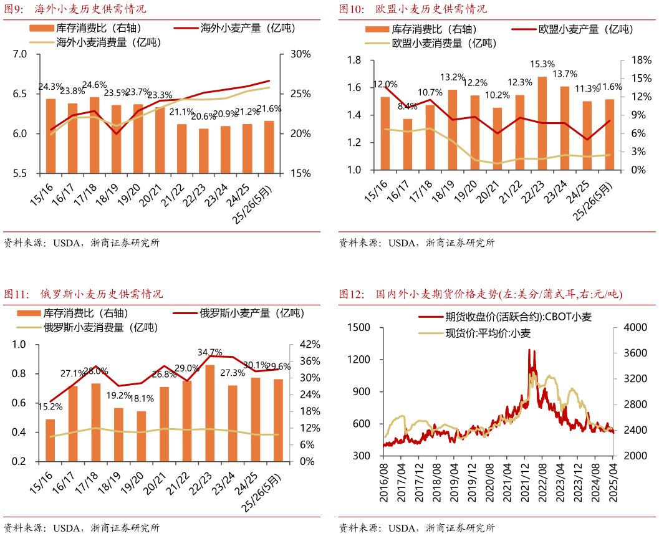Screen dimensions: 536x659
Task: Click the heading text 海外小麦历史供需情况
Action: (x=90, y=9)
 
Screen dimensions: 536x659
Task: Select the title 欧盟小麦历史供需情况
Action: (x=431, y=9)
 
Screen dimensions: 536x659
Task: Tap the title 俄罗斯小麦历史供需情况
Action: (x=101, y=294)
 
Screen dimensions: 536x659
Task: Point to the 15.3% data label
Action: (x=542, y=64)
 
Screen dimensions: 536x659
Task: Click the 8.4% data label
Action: (x=407, y=106)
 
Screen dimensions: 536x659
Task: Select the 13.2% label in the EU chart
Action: (x=453, y=77)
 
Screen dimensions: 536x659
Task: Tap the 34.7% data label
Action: (x=210, y=352)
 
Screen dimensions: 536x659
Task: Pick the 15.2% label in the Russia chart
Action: (x=50, y=406)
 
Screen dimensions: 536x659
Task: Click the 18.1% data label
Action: (x=142, y=399)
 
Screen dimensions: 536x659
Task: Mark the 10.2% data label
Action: (x=497, y=95)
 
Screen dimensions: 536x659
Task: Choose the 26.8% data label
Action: (x=165, y=374)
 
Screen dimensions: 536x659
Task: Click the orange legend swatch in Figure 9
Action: (x=42, y=28)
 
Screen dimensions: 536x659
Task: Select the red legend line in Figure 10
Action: (x=524, y=29)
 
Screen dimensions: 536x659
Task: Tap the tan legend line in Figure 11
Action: (x=29, y=327)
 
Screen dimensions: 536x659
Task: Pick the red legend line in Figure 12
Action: (x=430, y=317)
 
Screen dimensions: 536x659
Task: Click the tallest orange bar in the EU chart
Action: (x=542, y=123)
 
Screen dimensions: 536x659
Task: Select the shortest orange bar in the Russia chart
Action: (x=142, y=436)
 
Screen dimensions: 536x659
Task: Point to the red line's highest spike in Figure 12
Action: (x=529, y=350)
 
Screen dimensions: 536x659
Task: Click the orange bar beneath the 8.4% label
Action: (x=408, y=144)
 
